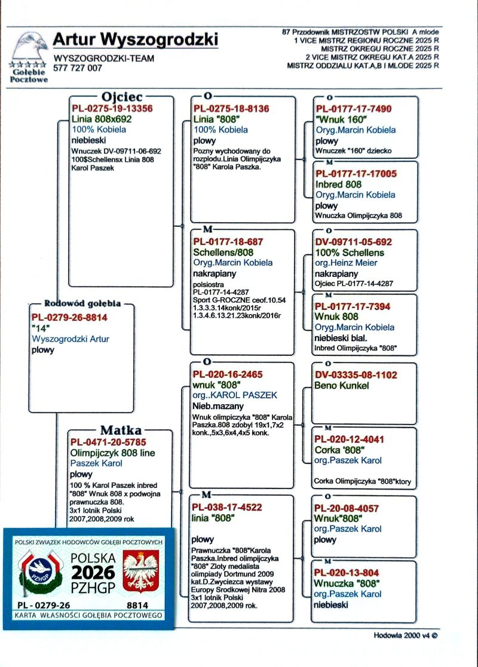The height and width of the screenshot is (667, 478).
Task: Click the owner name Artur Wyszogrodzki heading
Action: [x=136, y=39]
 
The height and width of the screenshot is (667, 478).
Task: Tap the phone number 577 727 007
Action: [x=78, y=68]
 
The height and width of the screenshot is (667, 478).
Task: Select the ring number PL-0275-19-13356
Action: [x=112, y=109]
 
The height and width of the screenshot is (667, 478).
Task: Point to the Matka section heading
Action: [x=121, y=431]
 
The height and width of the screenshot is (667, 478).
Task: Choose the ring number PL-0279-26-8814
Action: [x=69, y=318]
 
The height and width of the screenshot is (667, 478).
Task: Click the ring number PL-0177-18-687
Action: [x=228, y=242]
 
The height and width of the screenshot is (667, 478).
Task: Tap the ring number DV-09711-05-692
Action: [x=354, y=242]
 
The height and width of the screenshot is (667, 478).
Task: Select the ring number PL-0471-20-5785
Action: [x=108, y=442]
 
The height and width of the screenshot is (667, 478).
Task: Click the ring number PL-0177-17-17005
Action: [x=356, y=174]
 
